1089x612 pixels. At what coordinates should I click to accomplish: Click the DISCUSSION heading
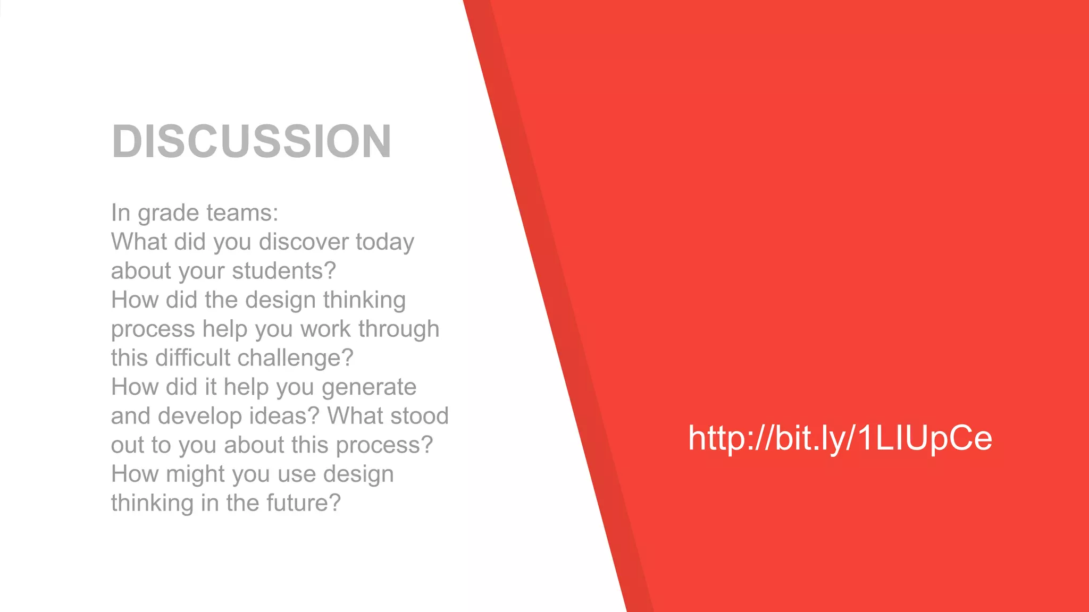(252, 141)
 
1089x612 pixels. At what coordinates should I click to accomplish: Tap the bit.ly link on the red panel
(840, 438)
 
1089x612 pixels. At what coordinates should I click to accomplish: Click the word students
(284, 271)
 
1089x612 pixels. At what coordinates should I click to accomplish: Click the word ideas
(284, 416)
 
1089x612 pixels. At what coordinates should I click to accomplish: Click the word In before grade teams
(120, 213)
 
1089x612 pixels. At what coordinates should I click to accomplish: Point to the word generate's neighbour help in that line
(246, 387)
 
